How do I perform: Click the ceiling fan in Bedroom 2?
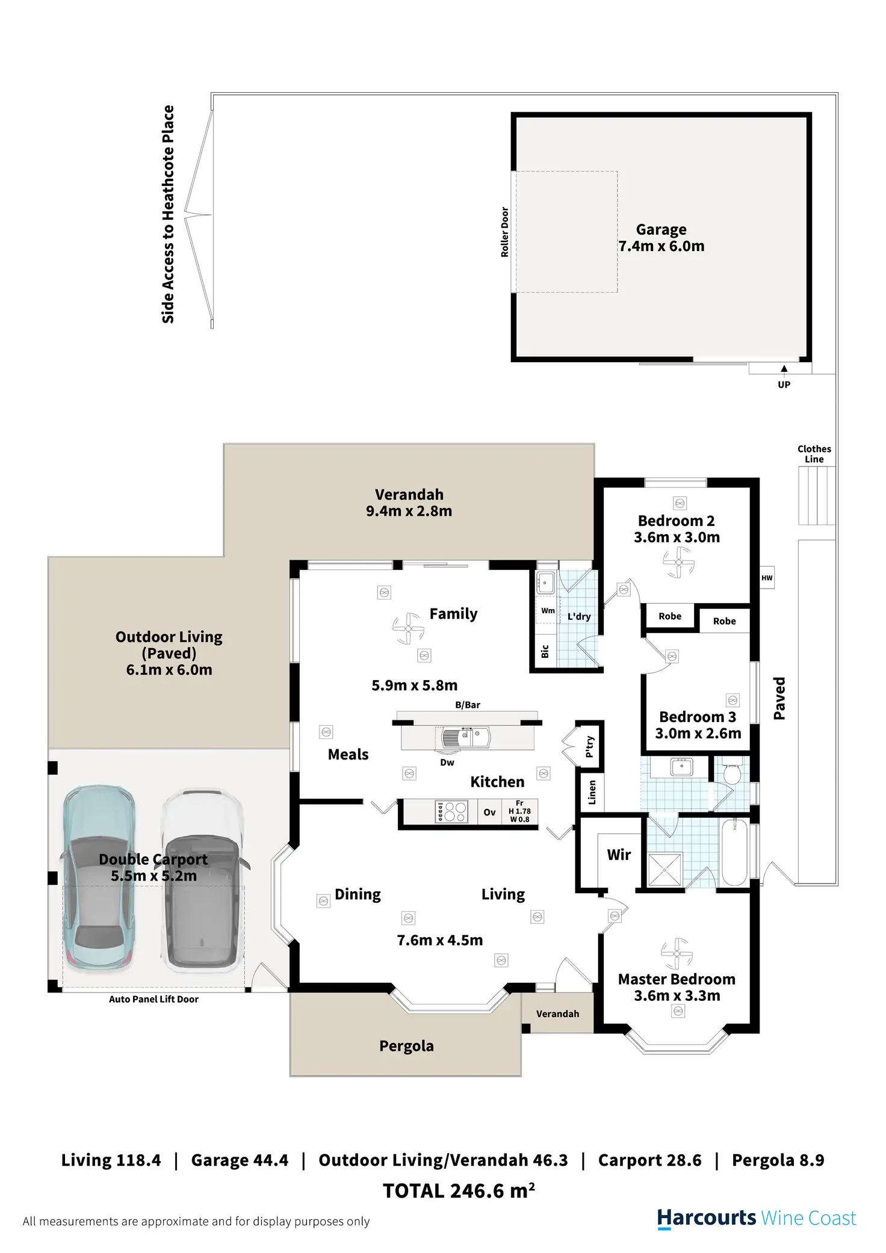tap(678, 563)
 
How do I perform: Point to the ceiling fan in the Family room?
tap(408, 628)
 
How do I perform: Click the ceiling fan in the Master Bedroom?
tap(677, 953)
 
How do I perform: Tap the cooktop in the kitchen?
tap(451, 811)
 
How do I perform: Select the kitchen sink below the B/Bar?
tap(465, 737)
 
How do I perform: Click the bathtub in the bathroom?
tap(734, 852)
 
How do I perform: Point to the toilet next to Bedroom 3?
tap(731, 773)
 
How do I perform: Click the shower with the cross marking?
tap(665, 870)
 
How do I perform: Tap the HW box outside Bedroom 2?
tap(767, 578)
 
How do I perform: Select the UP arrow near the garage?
tap(784, 368)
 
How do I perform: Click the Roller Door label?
tap(505, 232)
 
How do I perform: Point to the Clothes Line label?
tap(814, 454)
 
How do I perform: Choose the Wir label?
tap(619, 855)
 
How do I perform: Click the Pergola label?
tap(406, 1046)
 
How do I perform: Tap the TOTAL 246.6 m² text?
tap(459, 1190)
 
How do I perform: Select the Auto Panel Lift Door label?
tap(153, 999)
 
